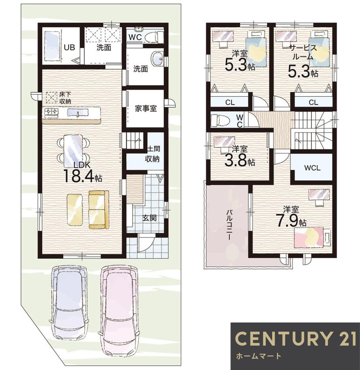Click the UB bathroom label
69,48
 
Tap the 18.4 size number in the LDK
79,177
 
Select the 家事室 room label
146,109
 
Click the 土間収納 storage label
153,154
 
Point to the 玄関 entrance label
149,218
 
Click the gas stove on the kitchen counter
51,111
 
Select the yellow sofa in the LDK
99,210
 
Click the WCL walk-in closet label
312,168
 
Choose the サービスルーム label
303,53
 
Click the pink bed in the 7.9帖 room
309,237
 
